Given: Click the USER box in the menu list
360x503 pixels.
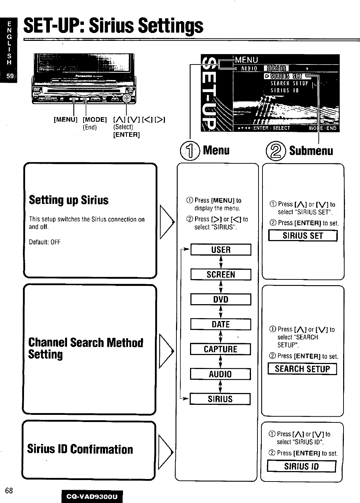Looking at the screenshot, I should pos(221,250).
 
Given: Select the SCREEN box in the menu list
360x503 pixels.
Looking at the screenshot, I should pos(221,274).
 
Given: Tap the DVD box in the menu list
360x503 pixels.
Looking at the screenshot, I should pos(221,299).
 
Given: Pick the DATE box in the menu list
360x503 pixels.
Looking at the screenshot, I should pos(221,324).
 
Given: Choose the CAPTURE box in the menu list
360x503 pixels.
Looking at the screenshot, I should pos(221,349).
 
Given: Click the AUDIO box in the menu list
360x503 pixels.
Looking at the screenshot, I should pos(221,374).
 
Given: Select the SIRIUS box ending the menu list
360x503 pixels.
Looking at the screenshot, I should pos(220,399).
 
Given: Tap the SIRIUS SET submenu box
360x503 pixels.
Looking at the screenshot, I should pos(303,235).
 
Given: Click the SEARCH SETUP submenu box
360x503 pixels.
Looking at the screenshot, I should pos(302,369).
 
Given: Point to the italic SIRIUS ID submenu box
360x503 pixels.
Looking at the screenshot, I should pos(301,466).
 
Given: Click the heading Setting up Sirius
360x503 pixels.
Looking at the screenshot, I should pos(68,200).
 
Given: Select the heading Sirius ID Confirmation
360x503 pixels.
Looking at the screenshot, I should pos(80,449).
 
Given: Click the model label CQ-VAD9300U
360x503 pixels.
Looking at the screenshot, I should pos(92,497).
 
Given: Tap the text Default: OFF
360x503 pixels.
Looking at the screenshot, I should pos(45,242).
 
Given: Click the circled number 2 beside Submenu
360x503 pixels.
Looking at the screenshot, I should pos(276,150).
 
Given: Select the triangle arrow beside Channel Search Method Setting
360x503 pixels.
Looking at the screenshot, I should pos(166,350).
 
